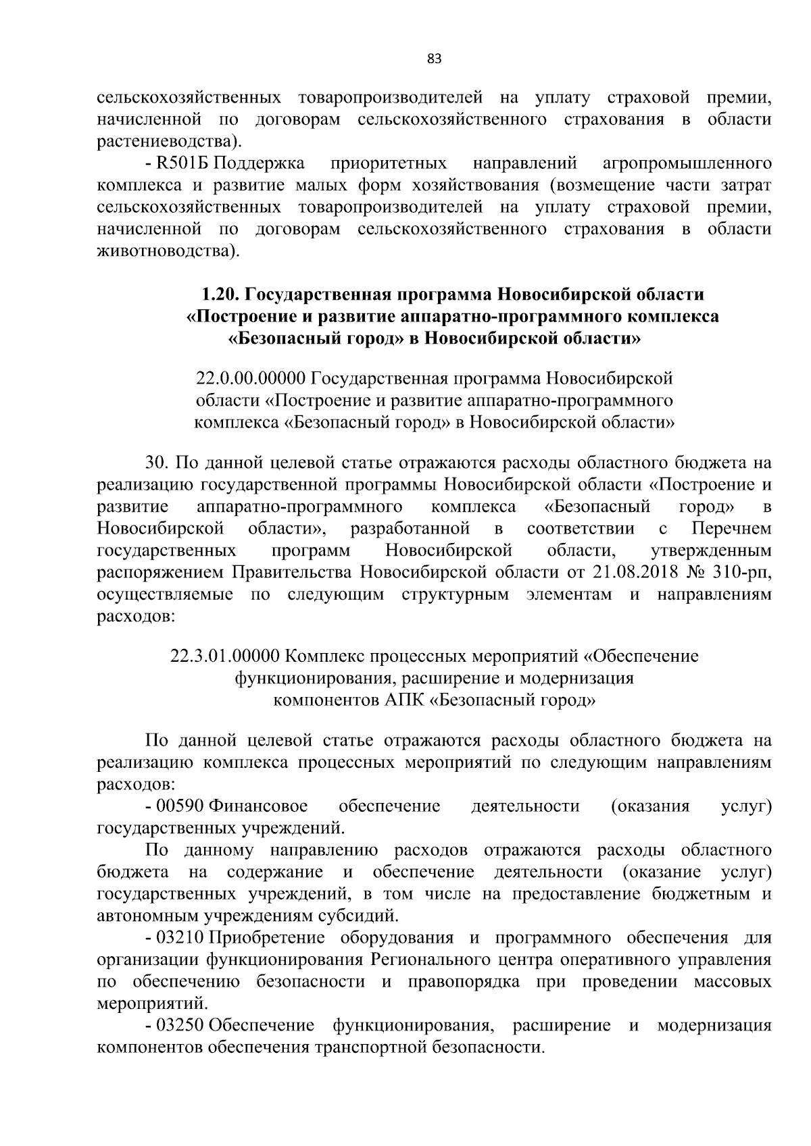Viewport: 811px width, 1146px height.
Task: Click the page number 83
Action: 435,59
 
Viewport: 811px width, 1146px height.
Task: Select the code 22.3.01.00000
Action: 225,656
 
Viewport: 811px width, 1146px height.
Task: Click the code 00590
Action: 179,806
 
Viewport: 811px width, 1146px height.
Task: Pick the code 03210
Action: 179,937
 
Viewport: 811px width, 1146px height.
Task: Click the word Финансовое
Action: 259,806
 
